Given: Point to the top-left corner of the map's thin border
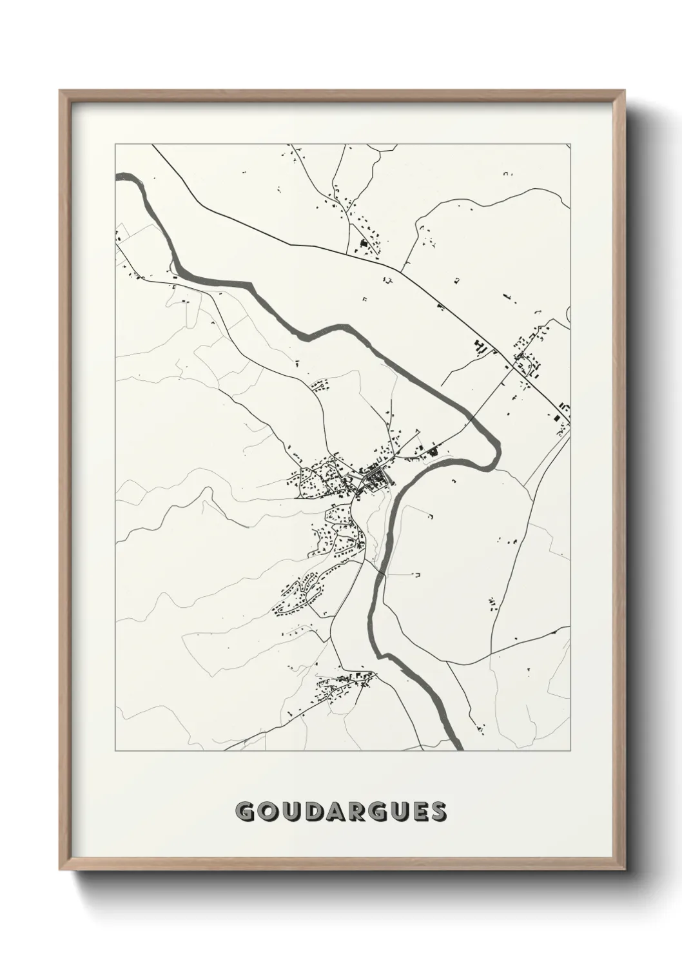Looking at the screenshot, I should pyautogui.click(x=115, y=144).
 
